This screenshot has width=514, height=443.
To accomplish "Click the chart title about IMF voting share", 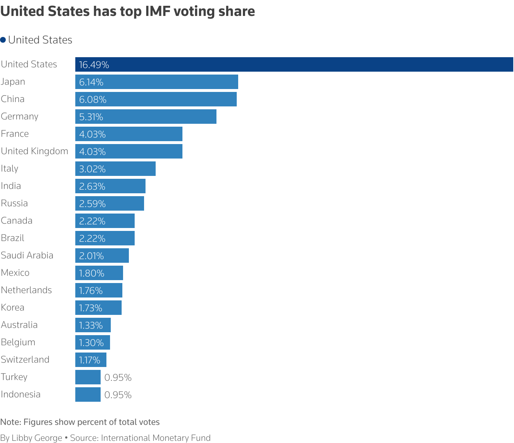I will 128,12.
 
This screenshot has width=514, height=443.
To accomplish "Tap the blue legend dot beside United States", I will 3,40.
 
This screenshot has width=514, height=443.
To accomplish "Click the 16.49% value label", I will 94,65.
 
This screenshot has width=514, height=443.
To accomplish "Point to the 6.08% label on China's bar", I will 93,100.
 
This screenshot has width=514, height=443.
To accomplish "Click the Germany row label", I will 20,116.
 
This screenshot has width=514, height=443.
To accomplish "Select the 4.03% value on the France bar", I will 92,134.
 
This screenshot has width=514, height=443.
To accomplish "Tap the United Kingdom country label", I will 34,151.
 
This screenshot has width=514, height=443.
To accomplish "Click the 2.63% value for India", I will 92,186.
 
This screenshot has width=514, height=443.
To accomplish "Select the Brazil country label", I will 13,238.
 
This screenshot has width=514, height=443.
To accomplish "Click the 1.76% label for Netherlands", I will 91,291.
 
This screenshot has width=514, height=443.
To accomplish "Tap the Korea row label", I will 13,307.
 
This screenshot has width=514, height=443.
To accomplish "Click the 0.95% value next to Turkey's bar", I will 118,377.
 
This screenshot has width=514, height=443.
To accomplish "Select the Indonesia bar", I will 88,395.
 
